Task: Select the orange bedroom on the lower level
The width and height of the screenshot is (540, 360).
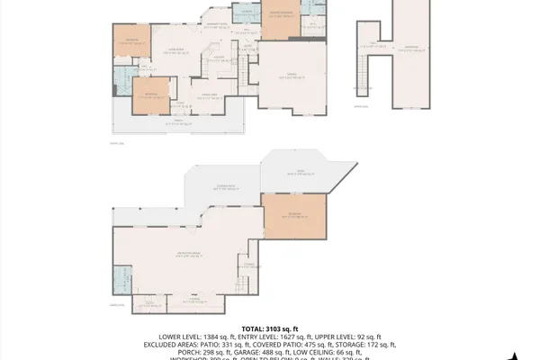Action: click(x=295, y=216)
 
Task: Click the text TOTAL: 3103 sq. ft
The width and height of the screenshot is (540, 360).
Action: click(x=269, y=328)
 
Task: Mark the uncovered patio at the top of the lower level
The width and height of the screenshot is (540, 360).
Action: click(x=301, y=175)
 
